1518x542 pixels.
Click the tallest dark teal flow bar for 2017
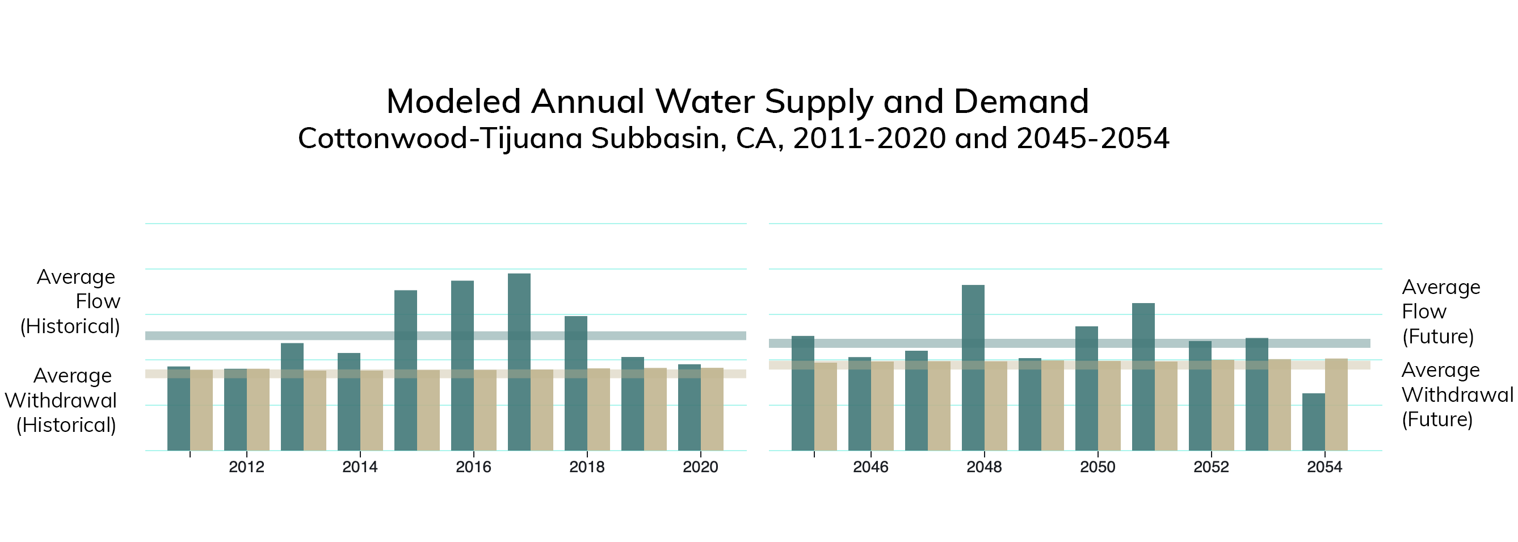(519, 362)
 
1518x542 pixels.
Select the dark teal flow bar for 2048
(973, 368)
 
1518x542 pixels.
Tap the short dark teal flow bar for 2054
(1314, 422)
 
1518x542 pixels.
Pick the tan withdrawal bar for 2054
(1336, 405)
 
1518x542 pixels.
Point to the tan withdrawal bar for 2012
(258, 409)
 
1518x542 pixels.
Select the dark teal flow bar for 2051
(1143, 377)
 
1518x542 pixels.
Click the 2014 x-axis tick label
(360, 467)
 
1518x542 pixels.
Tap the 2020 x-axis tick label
(700, 467)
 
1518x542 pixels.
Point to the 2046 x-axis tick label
(871, 467)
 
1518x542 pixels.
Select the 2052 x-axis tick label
(1211, 467)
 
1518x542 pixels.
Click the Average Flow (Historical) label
(71, 301)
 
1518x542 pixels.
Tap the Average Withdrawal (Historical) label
(61, 401)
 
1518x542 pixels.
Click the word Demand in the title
(1021, 102)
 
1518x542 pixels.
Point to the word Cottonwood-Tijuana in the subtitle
(440, 138)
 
